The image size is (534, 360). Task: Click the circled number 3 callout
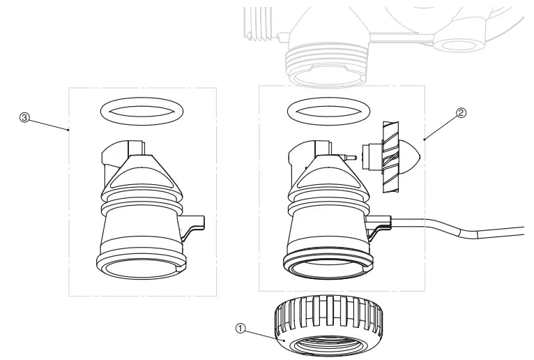[25, 118]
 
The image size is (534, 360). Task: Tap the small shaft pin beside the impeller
[352, 158]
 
